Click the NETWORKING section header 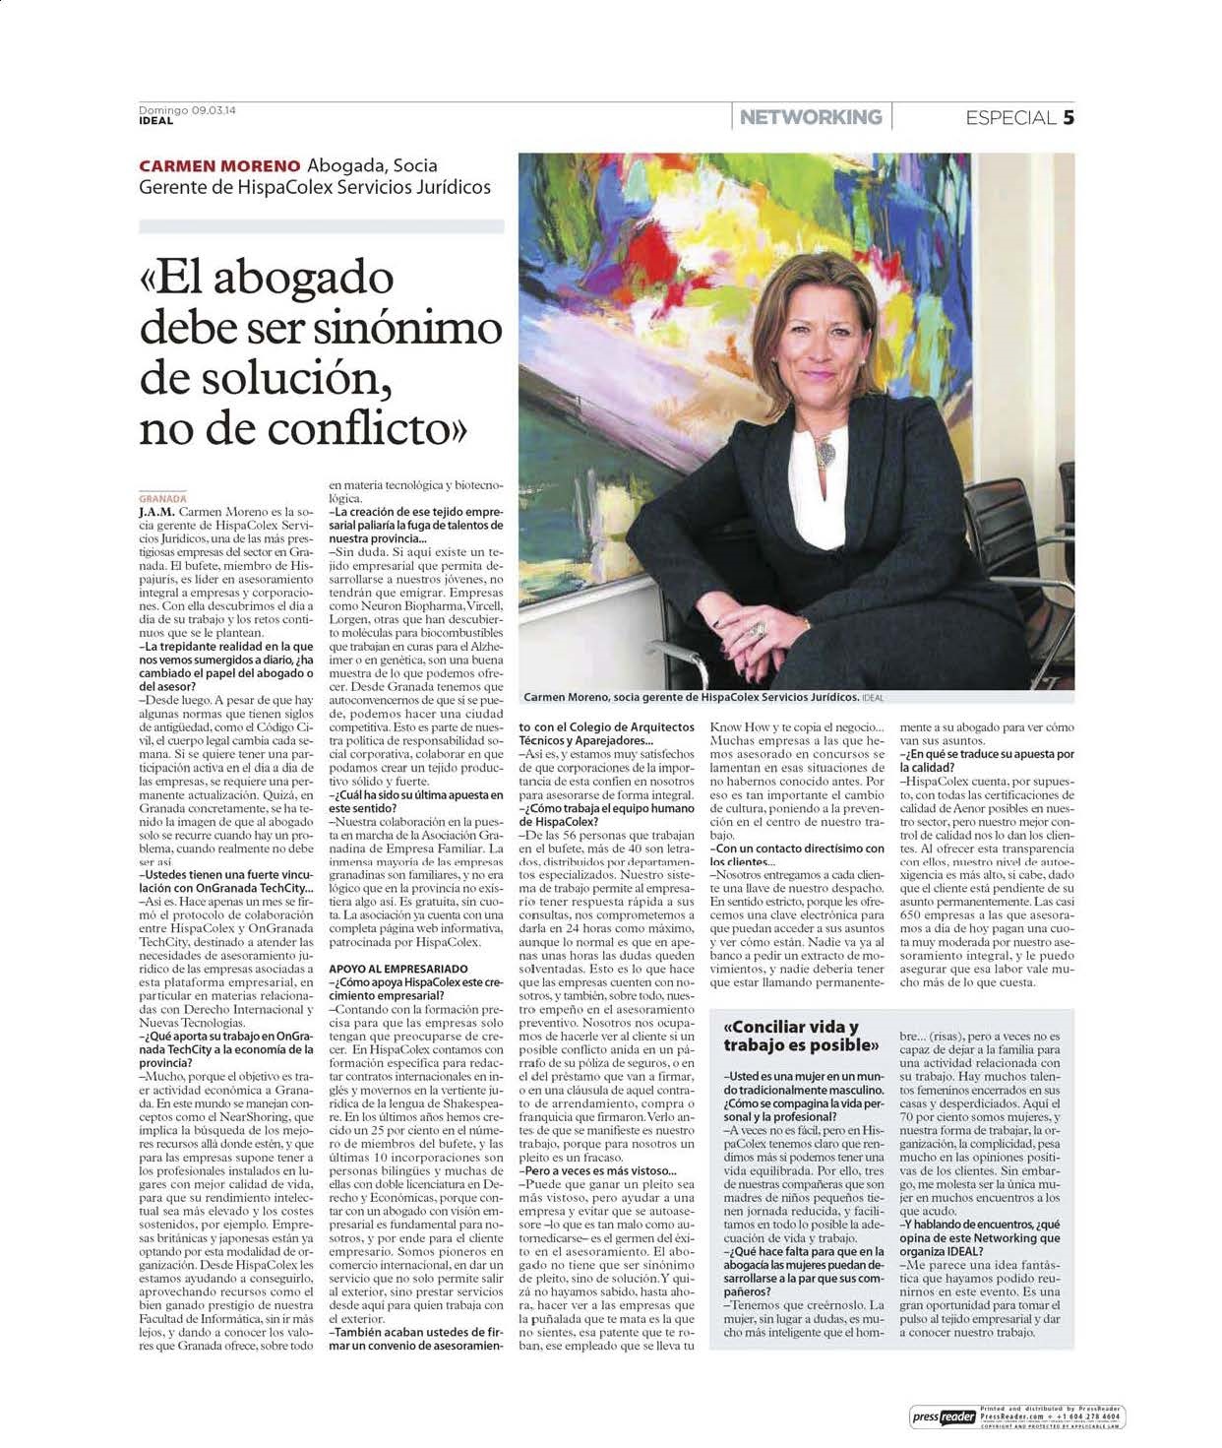[x=811, y=117]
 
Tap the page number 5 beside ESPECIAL [x=1068, y=118]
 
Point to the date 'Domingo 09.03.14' [x=187, y=110]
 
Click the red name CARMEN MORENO [x=219, y=165]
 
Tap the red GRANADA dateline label [x=162, y=499]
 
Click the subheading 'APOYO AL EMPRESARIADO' [x=398, y=969]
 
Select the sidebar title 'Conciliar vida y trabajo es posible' [x=800, y=1036]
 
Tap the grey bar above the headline [x=321, y=226]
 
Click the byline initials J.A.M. [x=157, y=512]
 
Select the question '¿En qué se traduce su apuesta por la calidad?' [x=987, y=760]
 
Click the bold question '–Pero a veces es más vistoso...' [x=600, y=1170]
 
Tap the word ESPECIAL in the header [x=1010, y=118]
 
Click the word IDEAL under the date [x=155, y=121]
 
